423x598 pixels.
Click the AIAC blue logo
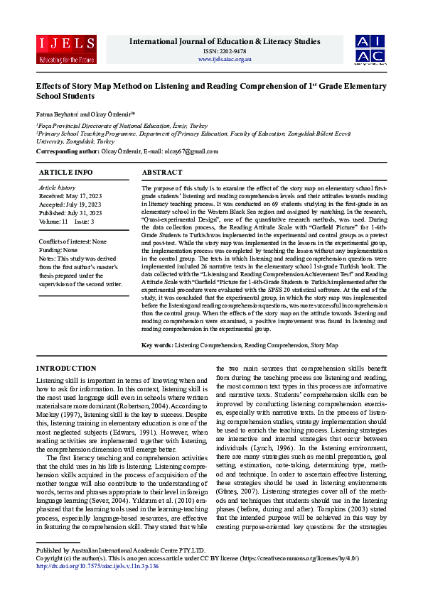click(370, 49)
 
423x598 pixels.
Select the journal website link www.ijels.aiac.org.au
click(225, 59)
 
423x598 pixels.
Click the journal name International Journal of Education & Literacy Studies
click(225, 41)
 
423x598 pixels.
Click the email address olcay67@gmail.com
click(193, 151)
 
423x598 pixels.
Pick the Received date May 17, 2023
click(70, 195)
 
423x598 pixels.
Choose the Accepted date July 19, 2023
click(70, 204)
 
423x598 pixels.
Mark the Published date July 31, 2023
click(70, 212)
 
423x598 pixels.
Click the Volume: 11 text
click(53, 221)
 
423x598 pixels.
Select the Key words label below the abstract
click(156, 344)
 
